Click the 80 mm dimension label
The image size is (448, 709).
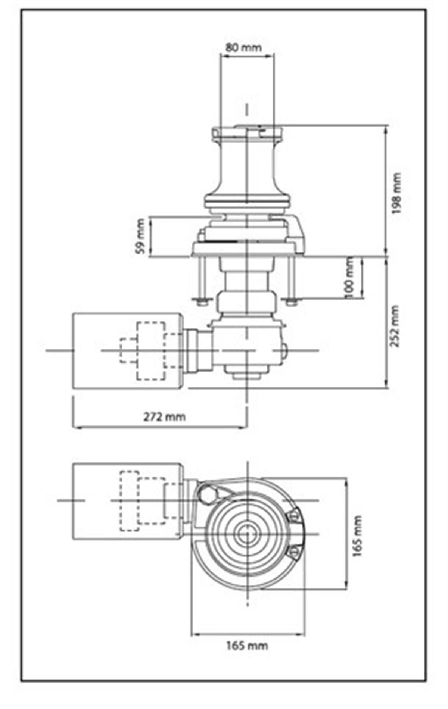coord(243,47)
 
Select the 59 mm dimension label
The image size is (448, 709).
coord(141,237)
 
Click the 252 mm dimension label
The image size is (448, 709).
coord(395,326)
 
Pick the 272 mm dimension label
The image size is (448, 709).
coord(164,416)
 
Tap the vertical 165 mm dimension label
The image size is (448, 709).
coord(358,536)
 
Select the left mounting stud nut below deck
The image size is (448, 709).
coord(202,302)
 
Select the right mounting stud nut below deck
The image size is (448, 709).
coord(292,302)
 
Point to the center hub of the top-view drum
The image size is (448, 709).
coord(247,534)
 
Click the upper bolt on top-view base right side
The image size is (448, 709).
coord(293,516)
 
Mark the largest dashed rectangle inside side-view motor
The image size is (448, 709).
coord(151,351)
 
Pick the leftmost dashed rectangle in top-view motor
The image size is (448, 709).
coord(129,500)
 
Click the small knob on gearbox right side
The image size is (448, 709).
coord(284,350)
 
